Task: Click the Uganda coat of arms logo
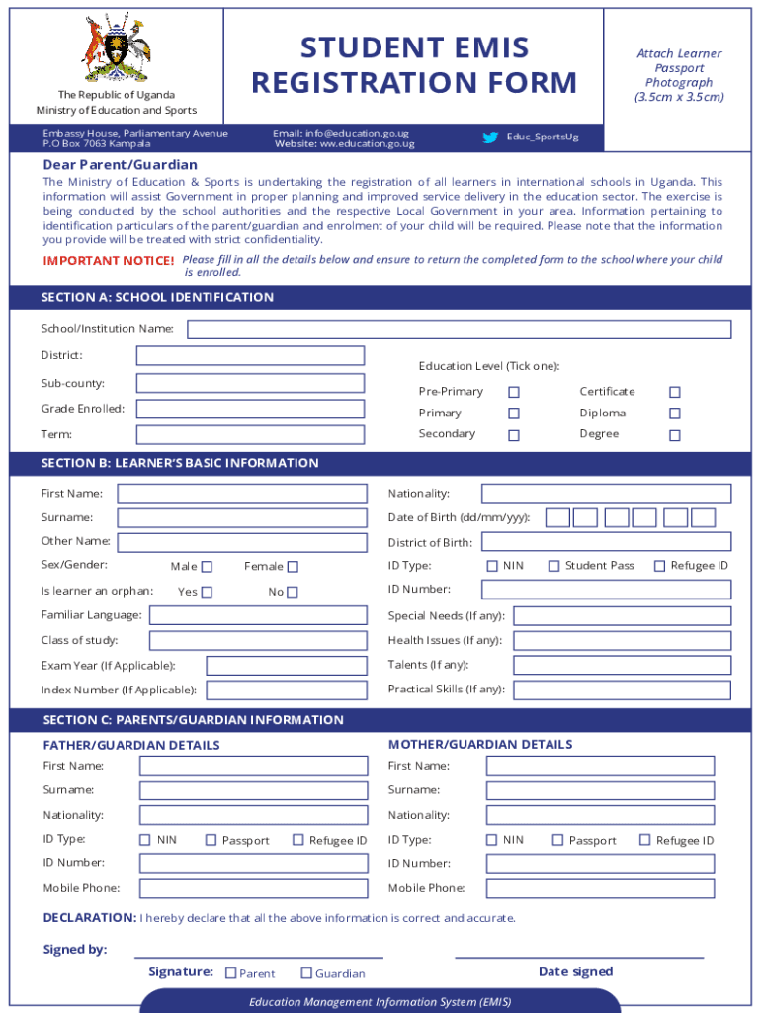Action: [117, 47]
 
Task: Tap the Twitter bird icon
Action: [490, 138]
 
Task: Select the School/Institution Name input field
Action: [459, 329]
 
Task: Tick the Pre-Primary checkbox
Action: [514, 392]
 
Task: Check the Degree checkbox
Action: [675, 435]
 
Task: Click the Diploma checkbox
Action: [675, 414]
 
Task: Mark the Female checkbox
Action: [293, 567]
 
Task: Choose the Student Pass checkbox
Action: [554, 566]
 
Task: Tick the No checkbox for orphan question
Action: [293, 592]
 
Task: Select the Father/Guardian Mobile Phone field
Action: [254, 888]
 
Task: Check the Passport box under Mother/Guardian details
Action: [557, 840]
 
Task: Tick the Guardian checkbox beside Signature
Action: [306, 973]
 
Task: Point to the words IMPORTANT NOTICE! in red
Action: [109, 261]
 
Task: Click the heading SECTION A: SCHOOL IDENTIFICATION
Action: [157, 297]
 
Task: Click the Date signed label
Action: [575, 971]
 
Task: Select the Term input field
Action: [250, 434]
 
